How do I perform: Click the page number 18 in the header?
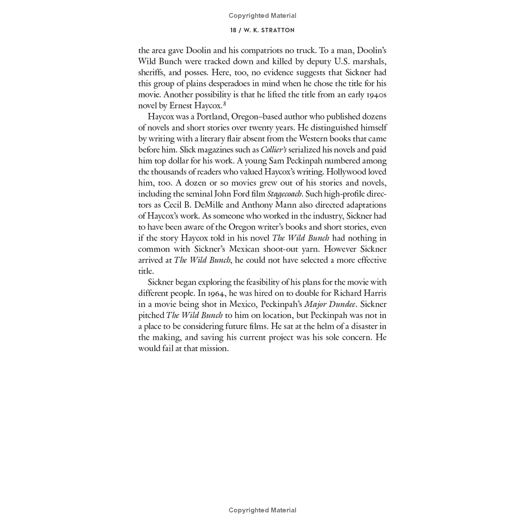[233, 30]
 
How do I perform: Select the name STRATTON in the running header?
[279, 30]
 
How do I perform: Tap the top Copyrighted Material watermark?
[262, 16]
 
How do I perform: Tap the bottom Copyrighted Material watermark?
[262, 510]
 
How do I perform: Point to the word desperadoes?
[226, 83]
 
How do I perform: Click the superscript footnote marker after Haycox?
[224, 104]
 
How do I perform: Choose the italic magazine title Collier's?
[273, 150]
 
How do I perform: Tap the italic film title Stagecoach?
[284, 194]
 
